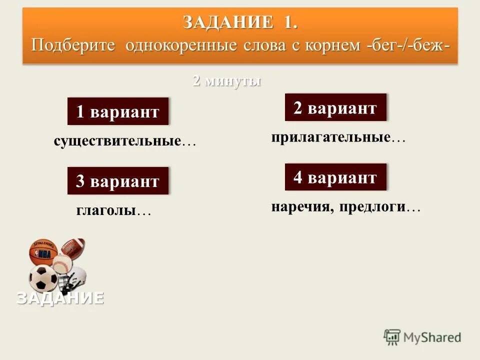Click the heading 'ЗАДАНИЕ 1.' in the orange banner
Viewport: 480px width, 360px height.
pos(240,23)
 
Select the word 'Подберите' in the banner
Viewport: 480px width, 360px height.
pos(74,45)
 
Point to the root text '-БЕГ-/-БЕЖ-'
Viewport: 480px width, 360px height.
pos(407,45)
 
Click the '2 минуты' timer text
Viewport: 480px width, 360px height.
pos(227,81)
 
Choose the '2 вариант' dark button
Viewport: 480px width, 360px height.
pos(335,107)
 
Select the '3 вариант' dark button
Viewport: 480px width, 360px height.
pos(118,181)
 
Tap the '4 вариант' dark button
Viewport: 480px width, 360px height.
pos(335,177)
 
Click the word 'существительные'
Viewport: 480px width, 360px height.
pos(117,141)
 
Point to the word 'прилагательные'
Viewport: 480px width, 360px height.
pos(330,137)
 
